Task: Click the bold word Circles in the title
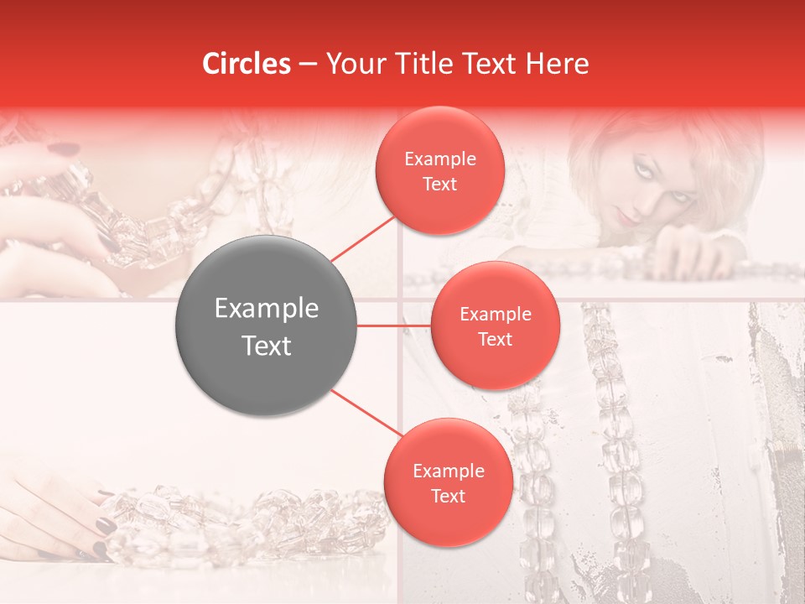point(247,64)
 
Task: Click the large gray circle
point(267,326)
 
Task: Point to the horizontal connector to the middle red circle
point(394,325)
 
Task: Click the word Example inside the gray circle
point(267,309)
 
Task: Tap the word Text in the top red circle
point(440,184)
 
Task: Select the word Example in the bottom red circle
point(449,471)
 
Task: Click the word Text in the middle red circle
point(496,339)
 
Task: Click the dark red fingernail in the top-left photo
point(63,150)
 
